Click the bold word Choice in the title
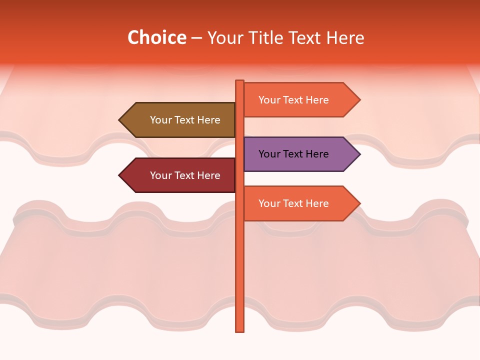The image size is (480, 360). pyautogui.click(x=156, y=37)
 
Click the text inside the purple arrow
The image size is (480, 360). pyautogui.click(x=293, y=154)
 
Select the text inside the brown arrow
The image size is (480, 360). pyautogui.click(x=185, y=120)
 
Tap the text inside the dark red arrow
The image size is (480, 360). pyautogui.click(x=185, y=175)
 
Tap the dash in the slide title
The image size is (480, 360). pyautogui.click(x=196, y=38)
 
